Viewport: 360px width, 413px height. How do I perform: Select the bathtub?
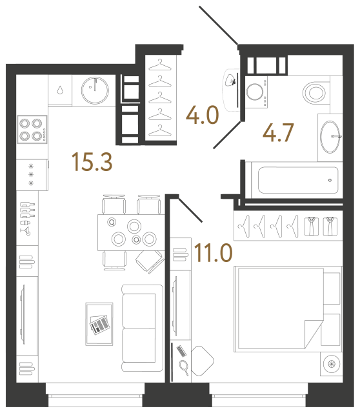pyautogui.click(x=297, y=179)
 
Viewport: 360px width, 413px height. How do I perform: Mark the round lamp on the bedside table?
pyautogui.click(x=332, y=364)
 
